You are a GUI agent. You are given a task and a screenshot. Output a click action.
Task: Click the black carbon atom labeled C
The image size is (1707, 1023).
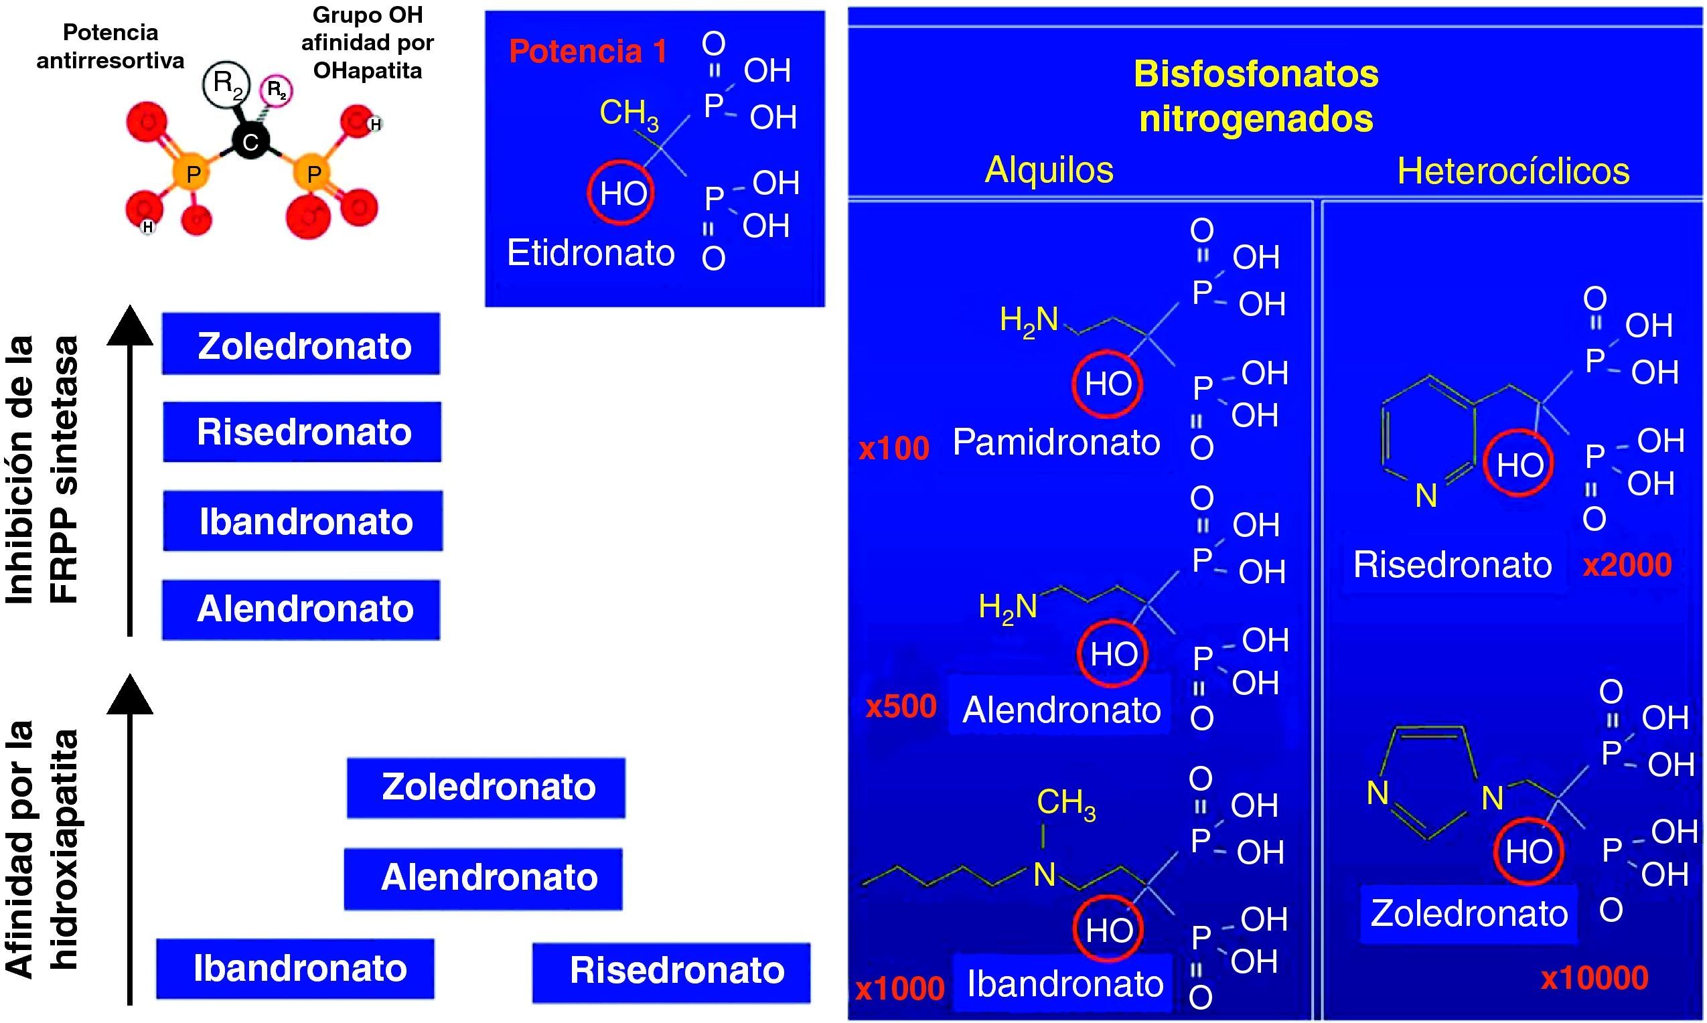(x=250, y=141)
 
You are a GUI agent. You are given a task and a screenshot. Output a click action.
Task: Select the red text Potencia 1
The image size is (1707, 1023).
(x=588, y=52)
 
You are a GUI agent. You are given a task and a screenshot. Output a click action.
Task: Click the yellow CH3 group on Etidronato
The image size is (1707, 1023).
(x=629, y=114)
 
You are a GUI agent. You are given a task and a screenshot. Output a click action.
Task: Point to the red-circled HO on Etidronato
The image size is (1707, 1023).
(x=621, y=193)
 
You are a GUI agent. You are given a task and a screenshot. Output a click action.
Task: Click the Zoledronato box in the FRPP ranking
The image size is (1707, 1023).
(x=301, y=344)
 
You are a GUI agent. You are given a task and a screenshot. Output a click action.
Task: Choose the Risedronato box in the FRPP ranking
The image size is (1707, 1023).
(x=302, y=432)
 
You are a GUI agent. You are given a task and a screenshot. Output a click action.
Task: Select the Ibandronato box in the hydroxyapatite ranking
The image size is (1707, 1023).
(x=295, y=969)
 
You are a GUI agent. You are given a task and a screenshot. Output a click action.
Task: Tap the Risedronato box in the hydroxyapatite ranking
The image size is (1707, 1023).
(x=672, y=972)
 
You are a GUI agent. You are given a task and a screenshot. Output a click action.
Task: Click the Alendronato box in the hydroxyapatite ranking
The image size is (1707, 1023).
(x=484, y=879)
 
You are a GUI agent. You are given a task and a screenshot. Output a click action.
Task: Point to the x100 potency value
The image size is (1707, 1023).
(x=894, y=449)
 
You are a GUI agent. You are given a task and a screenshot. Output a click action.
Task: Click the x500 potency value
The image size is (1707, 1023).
(x=901, y=706)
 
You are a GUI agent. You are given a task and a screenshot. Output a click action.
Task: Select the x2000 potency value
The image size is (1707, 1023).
(x=1628, y=565)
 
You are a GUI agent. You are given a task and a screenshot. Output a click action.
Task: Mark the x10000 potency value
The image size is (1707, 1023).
(x=1594, y=977)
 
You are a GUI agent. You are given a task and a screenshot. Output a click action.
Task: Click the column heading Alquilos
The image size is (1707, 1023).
(x=1049, y=169)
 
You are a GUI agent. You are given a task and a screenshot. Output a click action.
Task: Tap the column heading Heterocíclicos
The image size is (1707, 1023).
(x=1513, y=171)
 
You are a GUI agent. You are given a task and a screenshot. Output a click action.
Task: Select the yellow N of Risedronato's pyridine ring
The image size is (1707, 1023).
(x=1426, y=495)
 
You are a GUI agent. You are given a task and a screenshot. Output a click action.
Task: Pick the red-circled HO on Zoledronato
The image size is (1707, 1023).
(x=1528, y=852)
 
